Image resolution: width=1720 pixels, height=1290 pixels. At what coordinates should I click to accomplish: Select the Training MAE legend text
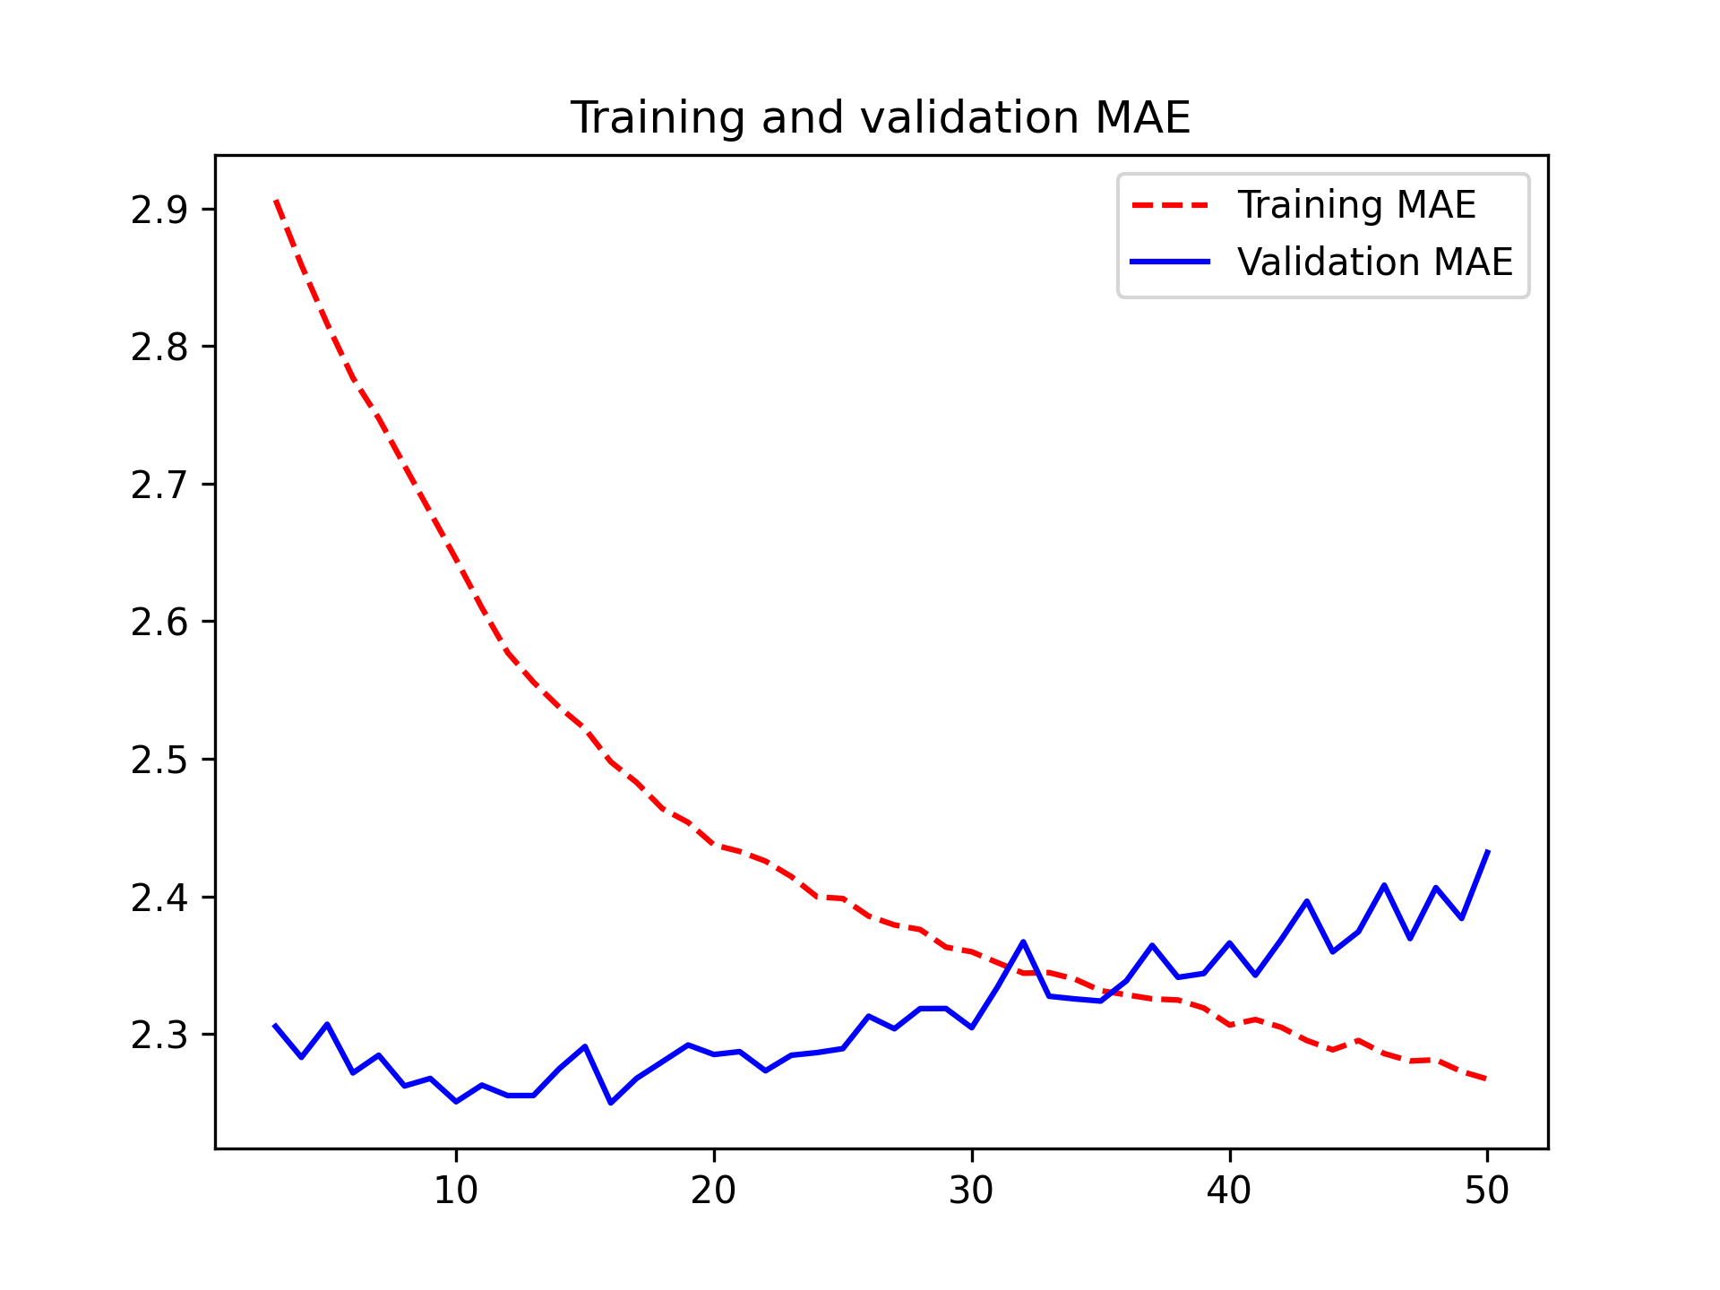pyautogui.click(x=1356, y=205)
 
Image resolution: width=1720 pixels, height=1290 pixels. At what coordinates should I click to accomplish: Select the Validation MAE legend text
pyautogui.click(x=1374, y=262)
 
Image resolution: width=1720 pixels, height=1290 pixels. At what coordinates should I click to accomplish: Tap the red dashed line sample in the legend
pyautogui.click(x=1170, y=205)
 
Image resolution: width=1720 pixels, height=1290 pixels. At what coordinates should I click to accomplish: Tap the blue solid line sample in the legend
pyautogui.click(x=1170, y=262)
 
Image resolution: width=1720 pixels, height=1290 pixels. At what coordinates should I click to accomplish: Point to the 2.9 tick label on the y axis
pyautogui.click(x=159, y=210)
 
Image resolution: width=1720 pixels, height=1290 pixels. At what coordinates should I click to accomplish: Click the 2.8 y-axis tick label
pyautogui.click(x=159, y=348)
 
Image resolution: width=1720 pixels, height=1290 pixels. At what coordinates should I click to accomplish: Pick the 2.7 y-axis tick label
pyautogui.click(x=159, y=485)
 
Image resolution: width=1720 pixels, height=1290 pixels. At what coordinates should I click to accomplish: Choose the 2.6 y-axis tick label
pyautogui.click(x=159, y=623)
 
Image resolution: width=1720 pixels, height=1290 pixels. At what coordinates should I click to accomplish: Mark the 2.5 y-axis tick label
pyautogui.click(x=159, y=760)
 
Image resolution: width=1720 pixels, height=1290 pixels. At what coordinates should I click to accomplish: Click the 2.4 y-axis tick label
pyautogui.click(x=159, y=898)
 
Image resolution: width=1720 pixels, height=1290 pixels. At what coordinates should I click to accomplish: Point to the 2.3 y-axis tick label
pyautogui.click(x=159, y=1035)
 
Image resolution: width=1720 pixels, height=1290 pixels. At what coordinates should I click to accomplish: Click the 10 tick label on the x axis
pyautogui.click(x=456, y=1191)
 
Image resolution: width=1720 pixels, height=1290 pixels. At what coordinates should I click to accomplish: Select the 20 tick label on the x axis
pyautogui.click(x=714, y=1191)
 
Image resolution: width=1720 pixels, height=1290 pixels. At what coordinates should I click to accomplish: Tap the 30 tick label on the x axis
pyautogui.click(x=972, y=1191)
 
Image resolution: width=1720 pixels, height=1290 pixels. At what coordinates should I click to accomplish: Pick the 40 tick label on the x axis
pyautogui.click(x=1229, y=1191)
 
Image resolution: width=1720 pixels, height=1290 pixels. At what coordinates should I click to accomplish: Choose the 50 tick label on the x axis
pyautogui.click(x=1487, y=1191)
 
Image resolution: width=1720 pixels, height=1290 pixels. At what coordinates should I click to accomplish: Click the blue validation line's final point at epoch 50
pyautogui.click(x=1487, y=851)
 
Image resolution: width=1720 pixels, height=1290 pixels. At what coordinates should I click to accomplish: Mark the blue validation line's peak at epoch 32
pyautogui.click(x=1023, y=942)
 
